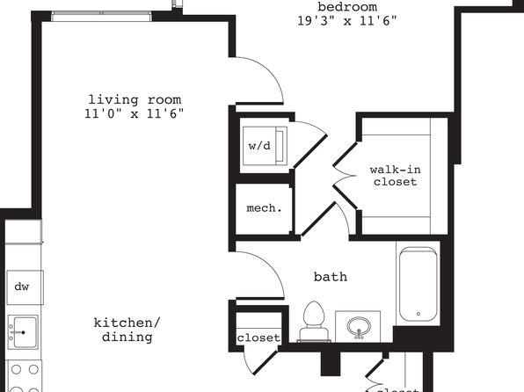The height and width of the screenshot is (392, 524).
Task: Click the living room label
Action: coord(135,99)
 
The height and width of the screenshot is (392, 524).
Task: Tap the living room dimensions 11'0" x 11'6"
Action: coord(134,114)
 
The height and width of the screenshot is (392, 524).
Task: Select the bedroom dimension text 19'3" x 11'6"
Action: coord(347,21)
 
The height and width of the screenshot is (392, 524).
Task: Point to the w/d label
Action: coord(259,146)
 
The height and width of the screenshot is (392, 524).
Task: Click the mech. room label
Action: coord(264,208)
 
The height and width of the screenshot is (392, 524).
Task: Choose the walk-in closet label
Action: coord(396,176)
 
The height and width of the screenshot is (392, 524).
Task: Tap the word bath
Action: coord(331,277)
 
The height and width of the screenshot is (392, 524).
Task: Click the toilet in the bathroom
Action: coord(314,322)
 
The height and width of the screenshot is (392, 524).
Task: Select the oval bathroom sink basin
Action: coord(359,326)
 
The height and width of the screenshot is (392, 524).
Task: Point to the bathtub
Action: coord(418,285)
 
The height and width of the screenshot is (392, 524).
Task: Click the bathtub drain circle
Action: coord(418,314)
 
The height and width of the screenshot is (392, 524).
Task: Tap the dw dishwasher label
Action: coord(22,287)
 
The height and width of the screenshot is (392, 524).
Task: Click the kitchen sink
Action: coord(23,332)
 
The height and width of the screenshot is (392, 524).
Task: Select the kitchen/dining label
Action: coord(127,330)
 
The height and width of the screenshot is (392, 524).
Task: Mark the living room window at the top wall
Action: coord(101,17)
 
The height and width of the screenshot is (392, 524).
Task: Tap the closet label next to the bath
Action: coord(258,338)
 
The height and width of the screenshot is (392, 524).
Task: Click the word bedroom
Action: coord(347,7)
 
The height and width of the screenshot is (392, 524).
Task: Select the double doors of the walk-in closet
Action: coord(345,176)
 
